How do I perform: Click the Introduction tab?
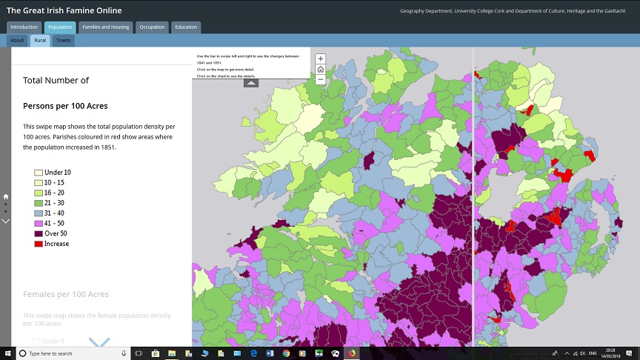24,27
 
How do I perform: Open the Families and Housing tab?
106,27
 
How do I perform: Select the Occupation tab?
153,27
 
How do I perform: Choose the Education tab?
186,27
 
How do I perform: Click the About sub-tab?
18,40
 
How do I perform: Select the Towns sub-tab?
64,40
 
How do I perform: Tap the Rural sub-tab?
40,40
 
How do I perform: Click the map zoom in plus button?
320,59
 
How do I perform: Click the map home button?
320,69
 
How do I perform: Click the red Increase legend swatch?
39,244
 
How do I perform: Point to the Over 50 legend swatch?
39,233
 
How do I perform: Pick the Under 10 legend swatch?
39,173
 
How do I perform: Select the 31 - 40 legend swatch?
39,213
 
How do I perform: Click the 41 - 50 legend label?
56,223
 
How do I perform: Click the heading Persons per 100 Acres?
65,106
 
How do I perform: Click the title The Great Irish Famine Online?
64,10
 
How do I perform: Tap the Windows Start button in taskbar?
7,353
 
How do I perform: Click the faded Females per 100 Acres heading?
66,294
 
